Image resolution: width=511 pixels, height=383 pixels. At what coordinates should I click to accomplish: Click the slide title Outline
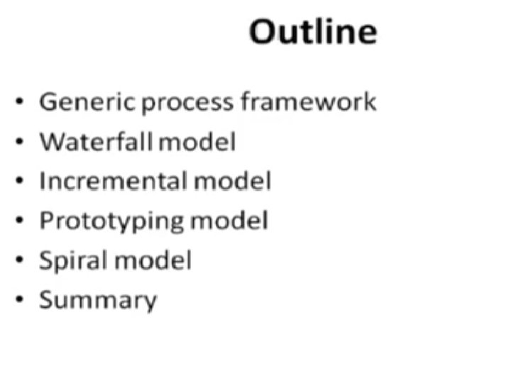[x=312, y=32]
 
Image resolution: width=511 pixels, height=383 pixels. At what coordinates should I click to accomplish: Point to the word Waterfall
[x=97, y=141]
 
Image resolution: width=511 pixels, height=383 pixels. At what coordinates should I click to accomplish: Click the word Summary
[x=97, y=301]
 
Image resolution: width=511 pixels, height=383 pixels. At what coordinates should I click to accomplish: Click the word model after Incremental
[x=231, y=181]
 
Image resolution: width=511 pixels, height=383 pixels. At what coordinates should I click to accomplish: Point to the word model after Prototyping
[x=229, y=221]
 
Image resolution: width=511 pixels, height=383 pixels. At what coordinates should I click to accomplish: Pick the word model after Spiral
[x=153, y=260]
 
